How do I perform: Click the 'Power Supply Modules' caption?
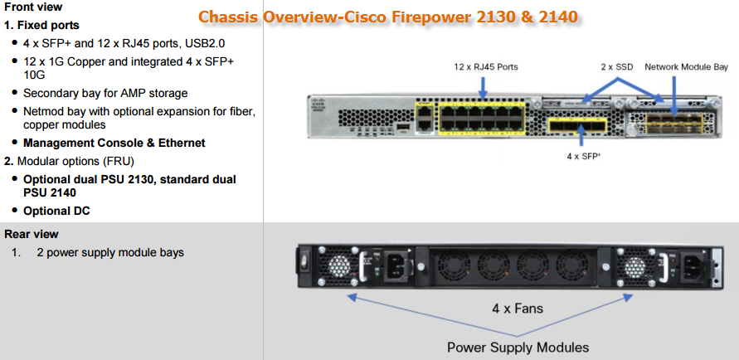tap(518, 347)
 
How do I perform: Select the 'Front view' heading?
tap(33, 7)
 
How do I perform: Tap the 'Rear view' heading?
tap(32, 234)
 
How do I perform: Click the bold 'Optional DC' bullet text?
tap(56, 211)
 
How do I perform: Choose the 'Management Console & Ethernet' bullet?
tap(114, 143)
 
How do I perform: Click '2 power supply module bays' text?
tap(110, 252)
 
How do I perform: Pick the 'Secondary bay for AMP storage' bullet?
tap(105, 93)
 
